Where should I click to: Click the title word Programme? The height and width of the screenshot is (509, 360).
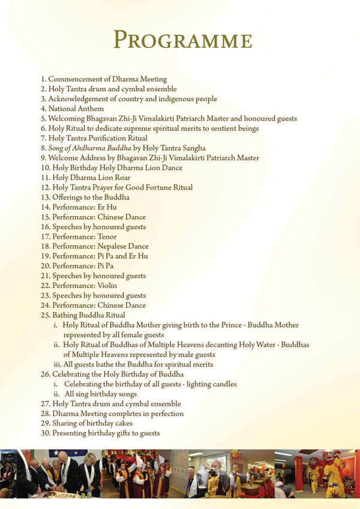click(182, 41)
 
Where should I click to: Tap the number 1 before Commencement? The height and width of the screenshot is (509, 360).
click(43, 79)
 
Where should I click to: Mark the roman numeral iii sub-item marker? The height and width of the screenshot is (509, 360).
click(57, 364)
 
